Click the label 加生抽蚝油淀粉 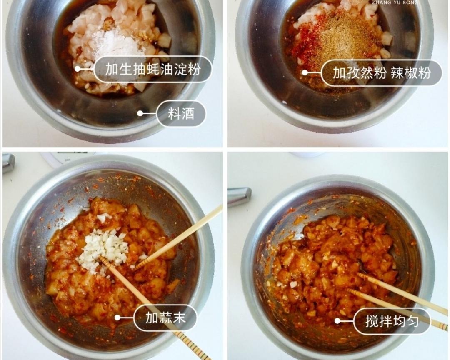(x=152, y=69)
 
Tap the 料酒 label (x=181, y=113)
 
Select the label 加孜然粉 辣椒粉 (x=381, y=73)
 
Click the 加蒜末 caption (x=165, y=317)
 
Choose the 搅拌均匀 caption (x=392, y=321)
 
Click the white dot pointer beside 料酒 (x=140, y=113)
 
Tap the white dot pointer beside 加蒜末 (x=117, y=317)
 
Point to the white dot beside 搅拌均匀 (x=337, y=321)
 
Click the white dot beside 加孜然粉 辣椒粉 (x=305, y=73)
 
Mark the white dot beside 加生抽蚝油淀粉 (x=77, y=69)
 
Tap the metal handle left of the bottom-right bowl (x=239, y=196)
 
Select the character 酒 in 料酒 (x=188, y=113)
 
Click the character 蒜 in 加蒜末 (x=165, y=317)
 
